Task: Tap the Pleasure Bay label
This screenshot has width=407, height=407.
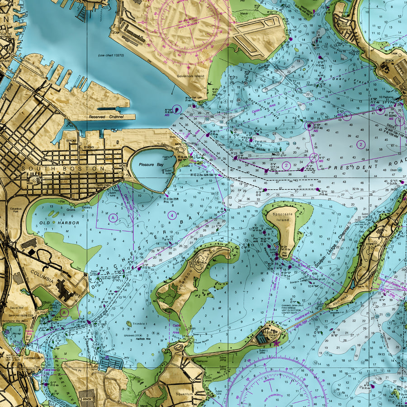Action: click(x=151, y=165)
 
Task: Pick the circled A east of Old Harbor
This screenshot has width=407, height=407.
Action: click(x=113, y=218)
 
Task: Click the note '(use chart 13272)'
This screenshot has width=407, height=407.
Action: click(x=110, y=56)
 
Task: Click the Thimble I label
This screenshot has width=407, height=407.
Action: click(x=138, y=324)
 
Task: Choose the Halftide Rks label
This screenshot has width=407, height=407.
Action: click(x=142, y=339)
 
